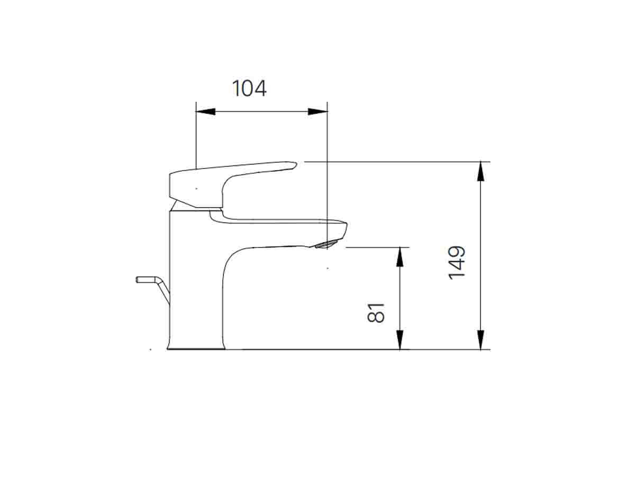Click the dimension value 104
pos(249,89)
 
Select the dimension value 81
pos(376,313)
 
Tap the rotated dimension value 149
pos(457,262)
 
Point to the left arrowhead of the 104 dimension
pos(206,112)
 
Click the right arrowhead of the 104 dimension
pos(317,112)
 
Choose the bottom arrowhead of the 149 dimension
pos(480,339)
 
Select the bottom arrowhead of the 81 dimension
pos(401,340)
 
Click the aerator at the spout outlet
pos(325,244)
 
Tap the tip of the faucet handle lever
pos(291,165)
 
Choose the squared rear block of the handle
pos(183,188)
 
